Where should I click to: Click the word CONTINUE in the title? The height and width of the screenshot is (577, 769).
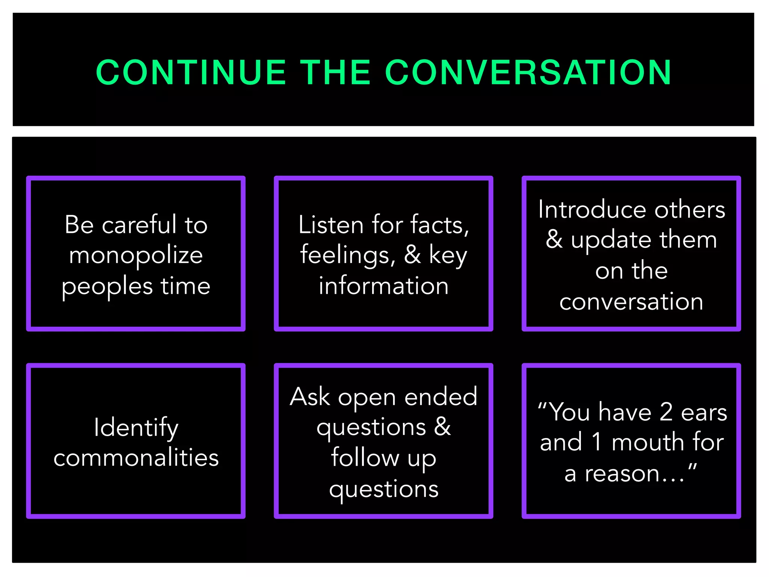pos(191,73)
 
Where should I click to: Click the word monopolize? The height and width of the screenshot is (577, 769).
pos(136,256)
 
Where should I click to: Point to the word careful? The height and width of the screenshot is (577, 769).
pos(139,225)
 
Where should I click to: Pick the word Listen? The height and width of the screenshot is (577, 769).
pos(331,225)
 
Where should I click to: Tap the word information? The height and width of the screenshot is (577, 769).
pos(383,286)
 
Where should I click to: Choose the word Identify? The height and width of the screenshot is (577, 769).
pos(136,427)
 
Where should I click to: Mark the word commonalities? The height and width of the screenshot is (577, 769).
pos(136,458)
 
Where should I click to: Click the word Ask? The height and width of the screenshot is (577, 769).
pos(310,397)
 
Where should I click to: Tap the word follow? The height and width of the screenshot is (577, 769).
pos(365,458)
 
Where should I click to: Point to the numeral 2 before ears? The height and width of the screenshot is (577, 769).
pos(666,412)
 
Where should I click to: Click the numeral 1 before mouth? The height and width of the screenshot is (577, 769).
pos(596,443)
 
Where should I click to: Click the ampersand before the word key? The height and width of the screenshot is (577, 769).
pos(412,255)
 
